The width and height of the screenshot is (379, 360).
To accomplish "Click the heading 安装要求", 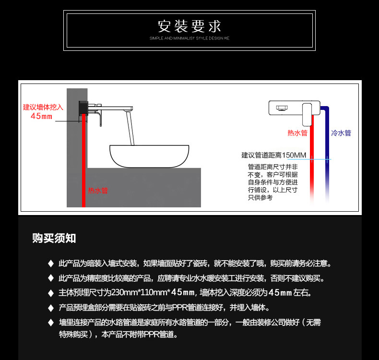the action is tap(189, 25).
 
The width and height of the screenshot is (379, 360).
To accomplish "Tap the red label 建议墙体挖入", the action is tap(43, 107).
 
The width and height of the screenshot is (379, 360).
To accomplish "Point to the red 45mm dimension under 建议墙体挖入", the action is tap(42, 116).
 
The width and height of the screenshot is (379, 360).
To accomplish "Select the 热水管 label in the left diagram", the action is tap(98, 191).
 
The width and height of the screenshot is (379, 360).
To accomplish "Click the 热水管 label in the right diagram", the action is tap(297, 133).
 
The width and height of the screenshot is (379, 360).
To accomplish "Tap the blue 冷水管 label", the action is tap(341, 133).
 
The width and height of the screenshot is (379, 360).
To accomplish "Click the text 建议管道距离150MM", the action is tap(273, 156).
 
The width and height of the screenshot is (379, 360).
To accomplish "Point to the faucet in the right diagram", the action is tap(293, 108).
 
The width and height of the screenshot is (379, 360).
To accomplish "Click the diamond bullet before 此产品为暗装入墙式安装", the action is tap(50, 264).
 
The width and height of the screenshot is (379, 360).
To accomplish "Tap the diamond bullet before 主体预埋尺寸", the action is tap(50, 293).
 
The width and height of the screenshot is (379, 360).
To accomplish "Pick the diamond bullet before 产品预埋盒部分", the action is tap(50, 308).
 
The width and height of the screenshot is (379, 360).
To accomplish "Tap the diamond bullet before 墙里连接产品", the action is tap(50, 323).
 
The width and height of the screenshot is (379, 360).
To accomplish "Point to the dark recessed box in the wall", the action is tap(83, 107).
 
